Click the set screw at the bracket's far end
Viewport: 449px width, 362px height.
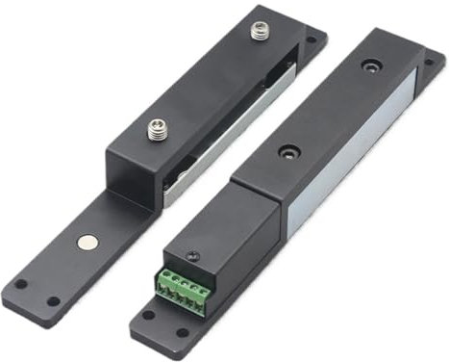pyautogui.click(x=258, y=32)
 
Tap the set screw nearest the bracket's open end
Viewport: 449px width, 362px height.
pyautogui.click(x=156, y=128)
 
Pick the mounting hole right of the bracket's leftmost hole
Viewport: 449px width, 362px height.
pyautogui.click(x=53, y=301)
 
